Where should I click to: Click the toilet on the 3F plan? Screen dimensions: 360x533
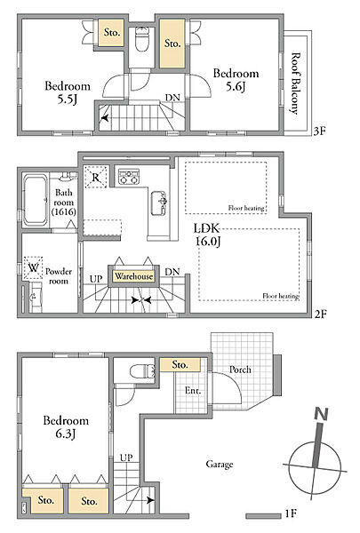coord(141,39)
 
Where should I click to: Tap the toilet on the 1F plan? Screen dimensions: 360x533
coord(142,370)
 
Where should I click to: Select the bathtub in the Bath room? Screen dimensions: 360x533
coord(35,200)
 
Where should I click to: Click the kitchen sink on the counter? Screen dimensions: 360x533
coord(159,203)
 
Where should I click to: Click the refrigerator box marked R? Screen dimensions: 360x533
coord(96,177)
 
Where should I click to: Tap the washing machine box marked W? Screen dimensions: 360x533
coord(33,268)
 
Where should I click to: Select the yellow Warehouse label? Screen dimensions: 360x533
coord(133,276)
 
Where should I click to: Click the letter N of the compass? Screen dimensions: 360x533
coord(321,414)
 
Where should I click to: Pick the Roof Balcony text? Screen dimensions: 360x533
coord(295,84)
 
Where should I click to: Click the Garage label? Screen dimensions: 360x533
coord(220,464)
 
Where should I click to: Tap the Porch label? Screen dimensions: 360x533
coord(240,370)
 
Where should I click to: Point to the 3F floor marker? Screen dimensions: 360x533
coord(319,131)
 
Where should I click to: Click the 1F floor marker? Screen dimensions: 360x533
coord(291,513)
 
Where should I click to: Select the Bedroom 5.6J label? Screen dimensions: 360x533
coord(236,80)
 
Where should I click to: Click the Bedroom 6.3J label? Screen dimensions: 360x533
coord(66,427)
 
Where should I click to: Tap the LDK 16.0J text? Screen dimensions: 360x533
coord(208,235)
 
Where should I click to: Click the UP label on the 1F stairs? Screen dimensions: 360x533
coord(126,457)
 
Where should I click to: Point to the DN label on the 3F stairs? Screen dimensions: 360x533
coord(172,98)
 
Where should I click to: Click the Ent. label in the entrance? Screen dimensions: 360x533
coord(193,391)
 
